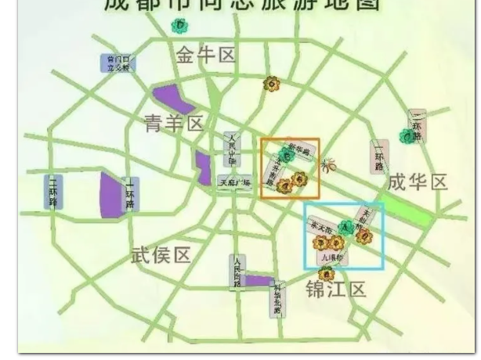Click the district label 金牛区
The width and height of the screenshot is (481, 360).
(x=205, y=56)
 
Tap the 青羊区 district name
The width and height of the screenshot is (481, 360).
(x=174, y=123)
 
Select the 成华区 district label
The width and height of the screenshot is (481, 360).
(x=417, y=183)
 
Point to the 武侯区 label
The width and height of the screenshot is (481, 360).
(x=160, y=256)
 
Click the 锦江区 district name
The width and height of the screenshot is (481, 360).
(x=335, y=290)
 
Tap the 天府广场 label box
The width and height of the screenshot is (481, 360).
(x=234, y=182)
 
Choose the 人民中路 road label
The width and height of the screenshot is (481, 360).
(x=230, y=147)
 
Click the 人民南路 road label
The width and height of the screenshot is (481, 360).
(x=237, y=272)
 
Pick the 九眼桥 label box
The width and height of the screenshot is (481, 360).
(x=333, y=256)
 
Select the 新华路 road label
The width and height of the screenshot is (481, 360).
(x=299, y=149)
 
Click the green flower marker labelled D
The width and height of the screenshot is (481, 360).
(x=179, y=26)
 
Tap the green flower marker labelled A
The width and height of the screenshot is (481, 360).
(x=345, y=227)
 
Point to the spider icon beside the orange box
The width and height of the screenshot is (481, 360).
(x=327, y=166)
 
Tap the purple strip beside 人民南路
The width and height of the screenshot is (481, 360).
(x=259, y=280)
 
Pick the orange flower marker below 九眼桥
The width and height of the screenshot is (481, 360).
(x=327, y=273)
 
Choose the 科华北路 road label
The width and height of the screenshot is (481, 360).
(x=277, y=300)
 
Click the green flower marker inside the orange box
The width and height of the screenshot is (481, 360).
(x=287, y=156)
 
